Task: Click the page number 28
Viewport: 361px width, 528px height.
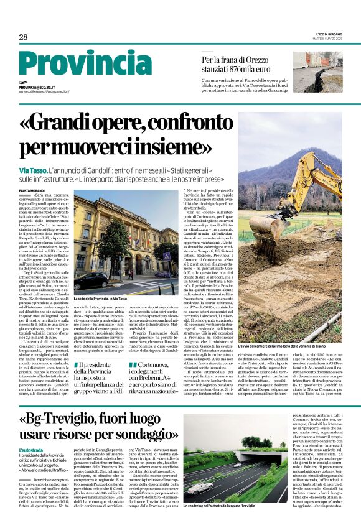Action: (23, 37)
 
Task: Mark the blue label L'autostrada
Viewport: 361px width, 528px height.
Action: (30, 449)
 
